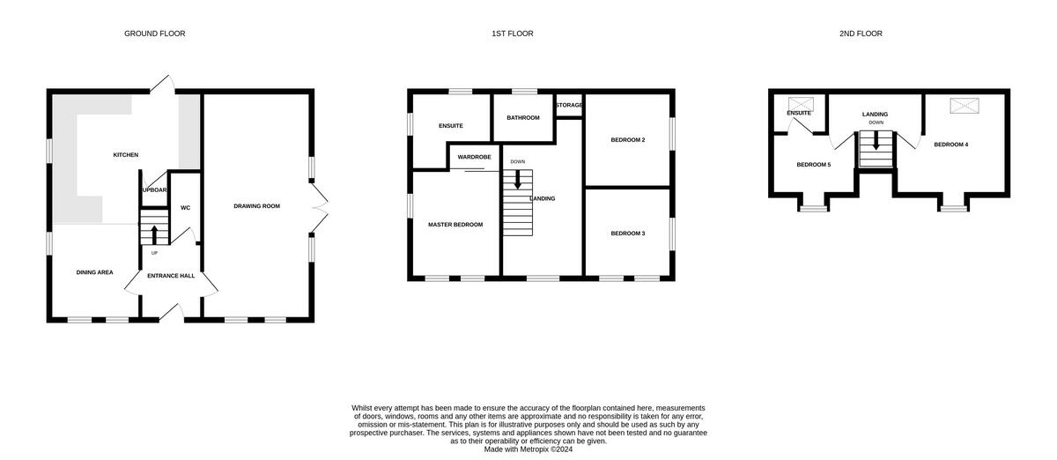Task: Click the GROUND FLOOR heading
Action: [x=154, y=33]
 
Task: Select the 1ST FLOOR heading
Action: [x=513, y=33]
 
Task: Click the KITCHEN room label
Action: [x=126, y=155]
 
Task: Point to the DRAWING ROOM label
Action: [x=256, y=206]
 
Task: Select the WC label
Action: [x=185, y=208]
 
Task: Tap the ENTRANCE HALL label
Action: [x=171, y=276]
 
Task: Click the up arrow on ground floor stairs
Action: [x=155, y=234]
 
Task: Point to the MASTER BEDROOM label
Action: [x=455, y=225]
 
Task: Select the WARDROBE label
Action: [x=474, y=157]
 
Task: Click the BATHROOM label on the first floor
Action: [x=522, y=117]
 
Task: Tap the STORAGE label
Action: [x=569, y=106]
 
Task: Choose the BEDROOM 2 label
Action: [x=628, y=139]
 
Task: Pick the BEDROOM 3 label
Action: [x=628, y=234]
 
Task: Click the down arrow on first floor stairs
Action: [x=518, y=179]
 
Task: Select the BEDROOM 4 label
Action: [x=951, y=145]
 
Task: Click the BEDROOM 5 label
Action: [x=813, y=165]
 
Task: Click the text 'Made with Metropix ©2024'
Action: [x=528, y=448]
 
